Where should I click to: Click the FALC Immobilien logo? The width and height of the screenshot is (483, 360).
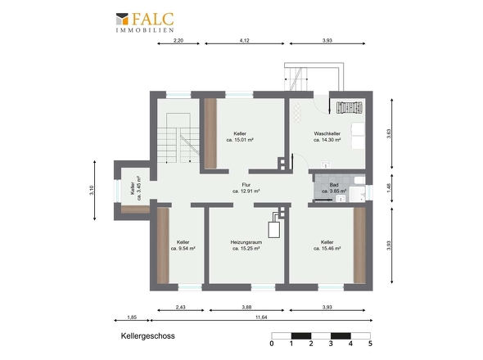pos(145,22)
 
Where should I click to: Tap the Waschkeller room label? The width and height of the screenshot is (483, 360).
pos(327,137)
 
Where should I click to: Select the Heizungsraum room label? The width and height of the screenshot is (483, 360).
pos(246,245)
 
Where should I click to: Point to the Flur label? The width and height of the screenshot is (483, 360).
pos(246,188)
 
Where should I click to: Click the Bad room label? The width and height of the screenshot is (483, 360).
pos(334,188)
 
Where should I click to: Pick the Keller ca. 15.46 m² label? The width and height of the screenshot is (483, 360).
pos(327,245)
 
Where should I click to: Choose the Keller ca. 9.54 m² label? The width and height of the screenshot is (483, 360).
pos(183,245)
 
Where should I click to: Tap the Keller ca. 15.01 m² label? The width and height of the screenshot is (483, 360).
pos(240,137)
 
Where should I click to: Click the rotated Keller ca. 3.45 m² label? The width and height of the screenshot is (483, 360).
pos(136,188)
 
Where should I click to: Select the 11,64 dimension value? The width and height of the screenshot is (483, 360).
pos(261,317)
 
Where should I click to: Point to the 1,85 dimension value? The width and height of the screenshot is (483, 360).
pos(132,317)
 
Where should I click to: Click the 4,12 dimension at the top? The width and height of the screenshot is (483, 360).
pos(244,40)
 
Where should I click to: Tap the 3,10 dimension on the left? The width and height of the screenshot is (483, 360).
pos(92,191)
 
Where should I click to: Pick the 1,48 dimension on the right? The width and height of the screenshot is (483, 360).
pos(389,188)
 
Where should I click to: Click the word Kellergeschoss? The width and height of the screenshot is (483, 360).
pos(148,336)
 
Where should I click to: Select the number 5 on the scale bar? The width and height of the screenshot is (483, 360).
pos(370,344)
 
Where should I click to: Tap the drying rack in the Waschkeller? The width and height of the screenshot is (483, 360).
pos(350,108)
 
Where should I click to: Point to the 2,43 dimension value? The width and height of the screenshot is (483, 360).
pos(181,307)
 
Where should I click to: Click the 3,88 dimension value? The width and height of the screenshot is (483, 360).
pos(246,307)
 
